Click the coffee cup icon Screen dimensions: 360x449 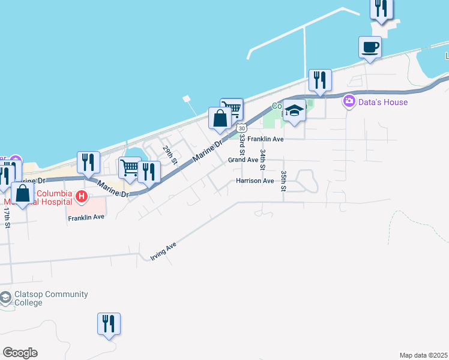point(370,47)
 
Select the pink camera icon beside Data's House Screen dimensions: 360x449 point(349,101)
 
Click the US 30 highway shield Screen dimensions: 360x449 point(241,128)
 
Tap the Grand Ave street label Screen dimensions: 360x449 point(243,160)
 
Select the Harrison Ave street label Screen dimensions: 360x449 point(255,181)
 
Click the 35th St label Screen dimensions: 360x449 point(283,180)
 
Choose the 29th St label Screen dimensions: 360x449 point(170,154)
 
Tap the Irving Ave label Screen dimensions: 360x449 point(163,253)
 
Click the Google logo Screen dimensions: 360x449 point(20,353)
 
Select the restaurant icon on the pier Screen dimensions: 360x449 point(381,8)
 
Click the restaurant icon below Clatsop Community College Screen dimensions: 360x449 point(109,323)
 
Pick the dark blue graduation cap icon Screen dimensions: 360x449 point(294,112)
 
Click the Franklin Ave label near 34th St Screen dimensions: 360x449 point(265,139)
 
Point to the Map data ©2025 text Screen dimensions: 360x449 point(424,355)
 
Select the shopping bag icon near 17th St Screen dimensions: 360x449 point(23,194)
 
